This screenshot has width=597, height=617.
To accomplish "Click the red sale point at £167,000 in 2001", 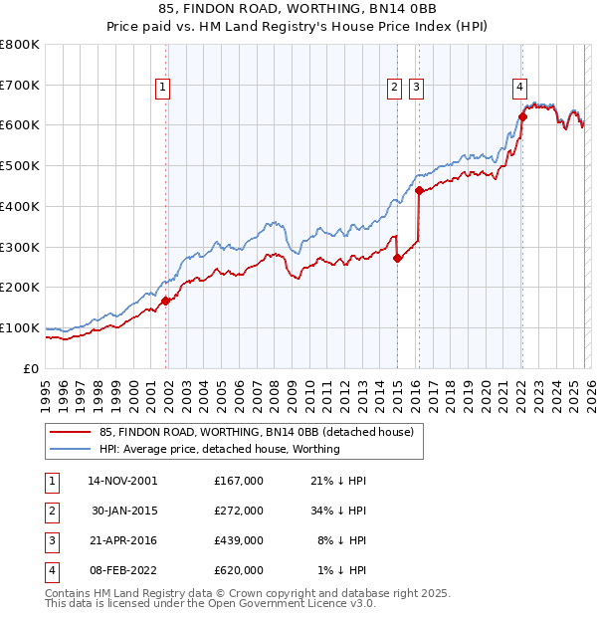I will coord(165,300).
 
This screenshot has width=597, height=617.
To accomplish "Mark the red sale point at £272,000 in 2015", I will coord(397,258).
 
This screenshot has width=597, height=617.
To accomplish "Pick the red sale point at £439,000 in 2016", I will coord(419,190).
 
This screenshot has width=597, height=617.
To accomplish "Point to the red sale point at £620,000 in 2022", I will coord(522,116).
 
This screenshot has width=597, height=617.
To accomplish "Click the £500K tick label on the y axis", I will coord(20,166).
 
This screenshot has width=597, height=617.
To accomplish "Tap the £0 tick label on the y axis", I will coord(32,368).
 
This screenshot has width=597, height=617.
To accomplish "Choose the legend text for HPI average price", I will coord(220,449).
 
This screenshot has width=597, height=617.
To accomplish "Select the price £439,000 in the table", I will coord(239,540).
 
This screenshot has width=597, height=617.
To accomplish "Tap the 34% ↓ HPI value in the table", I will coord(339,511).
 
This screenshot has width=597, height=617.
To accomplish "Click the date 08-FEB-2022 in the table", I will coord(120,570).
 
